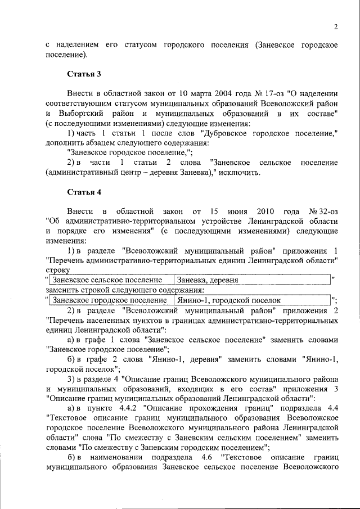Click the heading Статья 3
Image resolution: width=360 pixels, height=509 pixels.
84,74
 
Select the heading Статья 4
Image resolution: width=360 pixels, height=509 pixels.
84,192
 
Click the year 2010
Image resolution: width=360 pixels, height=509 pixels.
265,211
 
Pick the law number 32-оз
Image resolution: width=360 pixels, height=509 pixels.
322,211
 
